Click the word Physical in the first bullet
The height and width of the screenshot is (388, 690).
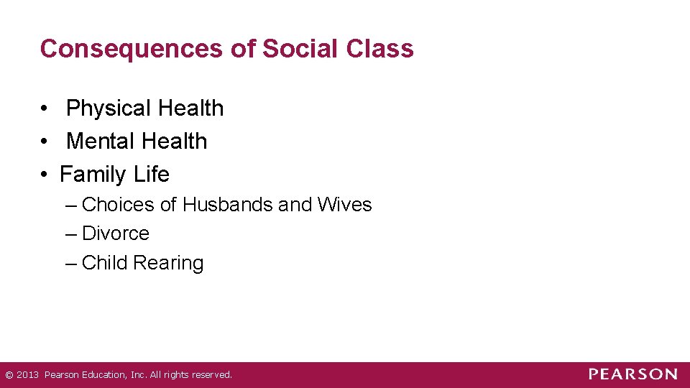click(109, 108)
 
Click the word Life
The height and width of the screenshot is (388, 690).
click(151, 175)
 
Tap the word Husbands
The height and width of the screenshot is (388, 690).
click(228, 205)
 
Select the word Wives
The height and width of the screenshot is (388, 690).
click(344, 205)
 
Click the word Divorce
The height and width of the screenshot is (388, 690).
click(116, 234)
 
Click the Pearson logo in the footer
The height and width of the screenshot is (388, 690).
click(632, 374)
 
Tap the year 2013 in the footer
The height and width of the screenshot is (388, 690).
click(27, 375)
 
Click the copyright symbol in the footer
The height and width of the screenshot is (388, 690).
click(9, 375)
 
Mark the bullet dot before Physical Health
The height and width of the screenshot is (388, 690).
click(45, 109)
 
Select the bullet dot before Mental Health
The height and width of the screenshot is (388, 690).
click(45, 142)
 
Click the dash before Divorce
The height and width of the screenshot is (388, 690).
click(70, 234)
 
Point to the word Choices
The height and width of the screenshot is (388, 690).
click(119, 205)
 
